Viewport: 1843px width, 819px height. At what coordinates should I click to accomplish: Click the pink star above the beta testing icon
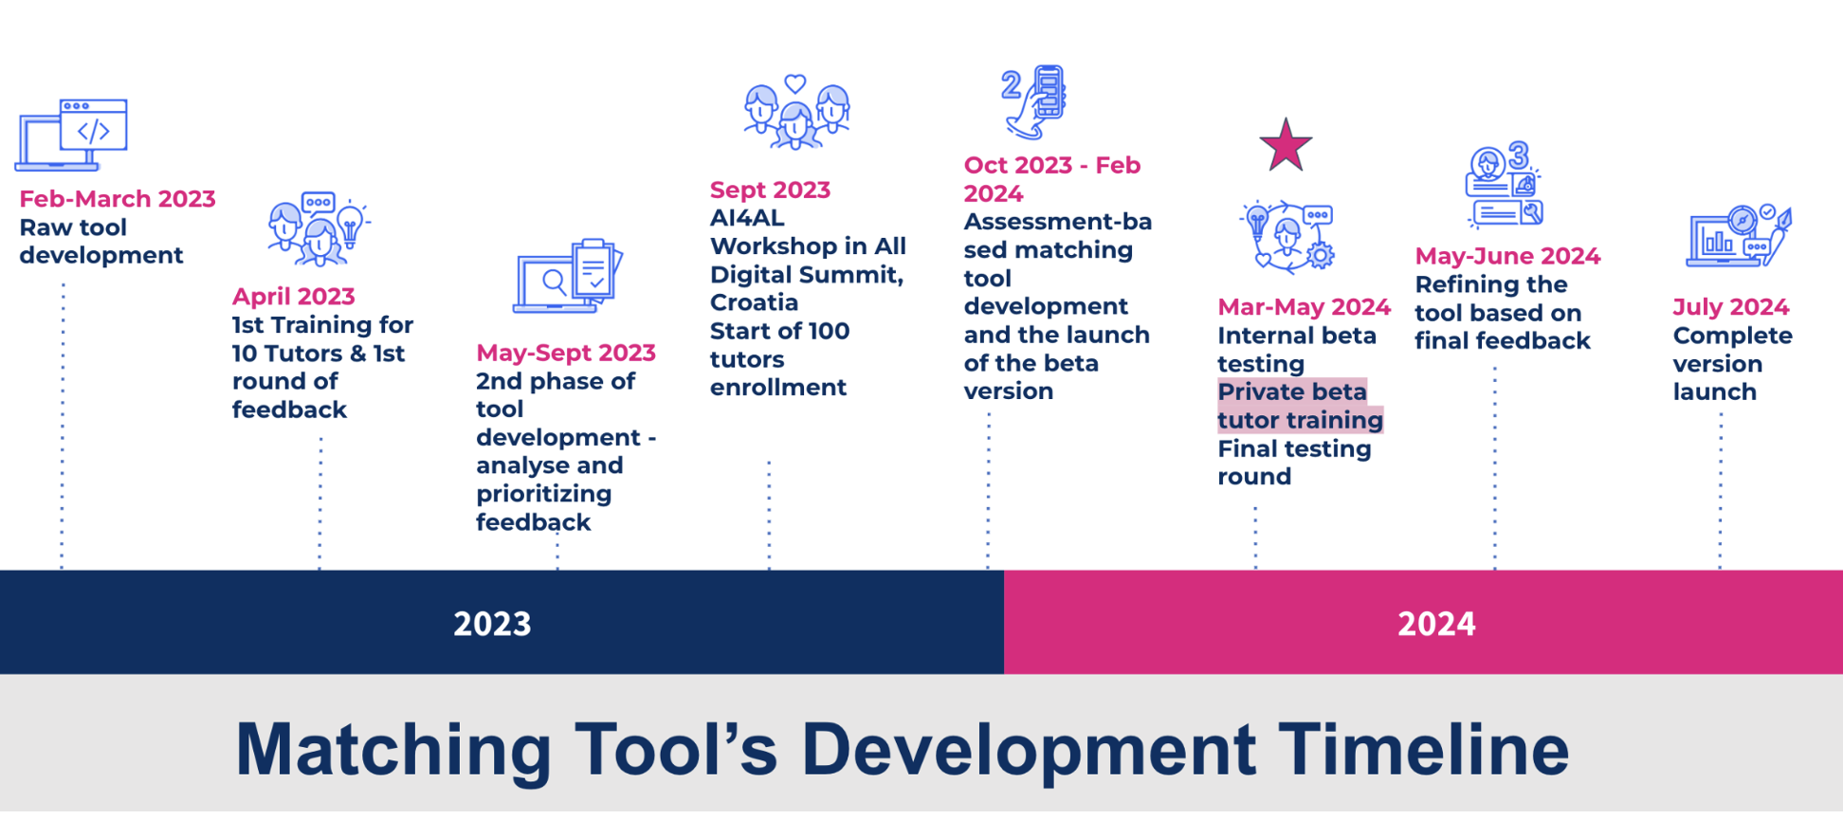point(1286,145)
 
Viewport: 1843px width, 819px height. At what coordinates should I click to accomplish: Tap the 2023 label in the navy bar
point(492,624)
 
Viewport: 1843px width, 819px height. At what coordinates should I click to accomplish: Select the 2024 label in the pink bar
point(1436,624)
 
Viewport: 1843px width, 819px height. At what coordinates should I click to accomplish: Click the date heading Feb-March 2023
point(118,199)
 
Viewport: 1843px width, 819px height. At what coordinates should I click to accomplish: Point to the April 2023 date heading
point(294,297)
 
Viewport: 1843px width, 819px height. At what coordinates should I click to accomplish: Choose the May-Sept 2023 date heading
point(566,354)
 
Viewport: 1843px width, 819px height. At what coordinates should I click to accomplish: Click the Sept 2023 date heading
point(770,191)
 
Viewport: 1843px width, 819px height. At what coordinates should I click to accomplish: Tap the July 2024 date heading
point(1730,308)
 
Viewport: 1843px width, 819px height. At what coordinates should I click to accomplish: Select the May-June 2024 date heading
point(1507,256)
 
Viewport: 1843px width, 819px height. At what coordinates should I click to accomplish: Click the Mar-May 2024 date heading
point(1304,307)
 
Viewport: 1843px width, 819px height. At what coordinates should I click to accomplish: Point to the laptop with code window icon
point(72,135)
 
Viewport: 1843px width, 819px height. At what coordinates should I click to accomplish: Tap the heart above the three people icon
point(795,83)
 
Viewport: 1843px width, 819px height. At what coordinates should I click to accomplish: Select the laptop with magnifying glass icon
point(567,276)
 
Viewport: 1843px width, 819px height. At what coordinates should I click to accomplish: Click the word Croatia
point(754,302)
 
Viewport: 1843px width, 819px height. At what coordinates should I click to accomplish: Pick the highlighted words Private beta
point(1292,391)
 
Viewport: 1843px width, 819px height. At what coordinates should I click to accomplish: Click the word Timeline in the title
point(1423,750)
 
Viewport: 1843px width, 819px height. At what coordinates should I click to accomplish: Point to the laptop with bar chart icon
point(1739,236)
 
